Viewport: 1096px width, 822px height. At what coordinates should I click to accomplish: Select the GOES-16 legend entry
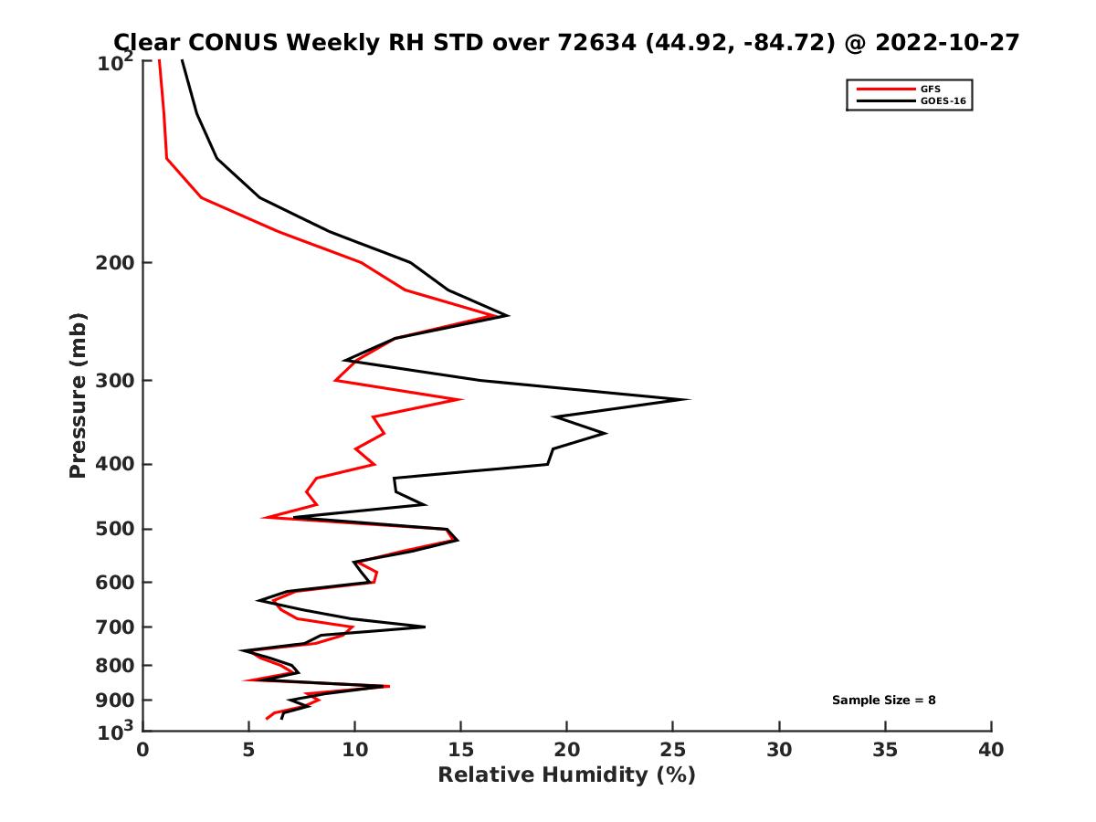point(943,100)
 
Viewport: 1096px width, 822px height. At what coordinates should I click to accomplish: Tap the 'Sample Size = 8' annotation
point(883,701)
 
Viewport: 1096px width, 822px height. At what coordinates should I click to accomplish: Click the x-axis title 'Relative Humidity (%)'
point(566,775)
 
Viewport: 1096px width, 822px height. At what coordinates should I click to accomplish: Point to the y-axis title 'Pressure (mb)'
point(78,395)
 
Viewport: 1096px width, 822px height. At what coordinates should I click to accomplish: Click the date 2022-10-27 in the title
point(945,43)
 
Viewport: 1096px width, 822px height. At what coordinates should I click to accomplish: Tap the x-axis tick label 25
point(673,751)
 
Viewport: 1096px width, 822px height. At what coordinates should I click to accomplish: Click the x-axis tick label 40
point(991,751)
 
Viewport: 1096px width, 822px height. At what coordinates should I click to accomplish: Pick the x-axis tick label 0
point(142,751)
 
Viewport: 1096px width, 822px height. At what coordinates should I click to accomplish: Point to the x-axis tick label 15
point(460,751)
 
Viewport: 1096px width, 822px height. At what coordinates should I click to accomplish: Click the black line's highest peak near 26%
point(689,399)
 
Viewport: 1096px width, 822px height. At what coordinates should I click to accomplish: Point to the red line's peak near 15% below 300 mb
point(461,399)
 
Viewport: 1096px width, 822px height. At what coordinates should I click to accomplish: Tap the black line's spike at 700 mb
point(425,627)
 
